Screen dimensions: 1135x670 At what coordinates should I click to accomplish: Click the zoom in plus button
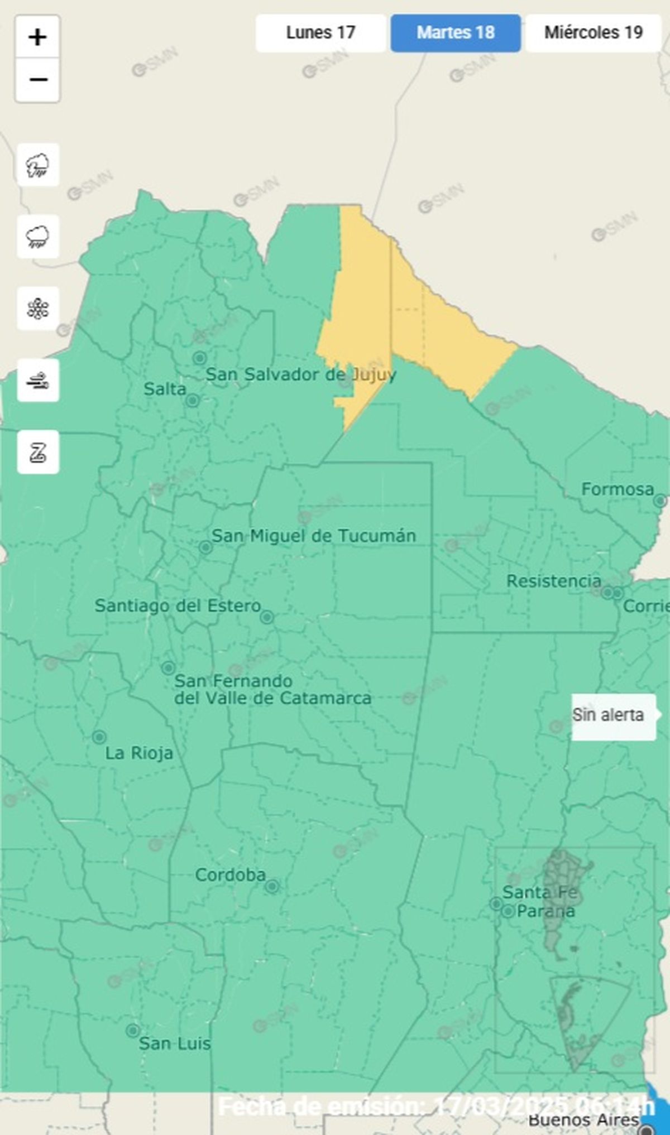point(37,37)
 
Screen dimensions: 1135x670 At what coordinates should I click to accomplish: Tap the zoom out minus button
point(37,80)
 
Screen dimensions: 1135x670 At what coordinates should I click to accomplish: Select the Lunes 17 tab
point(320,33)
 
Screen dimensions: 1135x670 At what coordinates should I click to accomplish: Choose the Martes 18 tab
point(456,33)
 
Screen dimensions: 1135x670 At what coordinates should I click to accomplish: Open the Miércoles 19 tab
point(593,33)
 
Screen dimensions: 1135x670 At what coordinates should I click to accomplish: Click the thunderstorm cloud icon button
point(38,165)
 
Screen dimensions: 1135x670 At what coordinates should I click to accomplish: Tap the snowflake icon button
point(38,309)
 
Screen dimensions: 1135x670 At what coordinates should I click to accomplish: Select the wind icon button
point(38,381)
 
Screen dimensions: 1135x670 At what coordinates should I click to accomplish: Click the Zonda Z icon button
point(38,452)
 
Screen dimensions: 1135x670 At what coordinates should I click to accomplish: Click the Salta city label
point(165,389)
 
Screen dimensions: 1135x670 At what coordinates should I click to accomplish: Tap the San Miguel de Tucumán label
point(313,536)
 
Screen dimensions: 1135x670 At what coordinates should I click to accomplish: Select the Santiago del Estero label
point(178,605)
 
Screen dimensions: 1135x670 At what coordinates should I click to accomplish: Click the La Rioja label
point(139,753)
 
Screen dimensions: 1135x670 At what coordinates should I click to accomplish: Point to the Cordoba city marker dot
point(272,886)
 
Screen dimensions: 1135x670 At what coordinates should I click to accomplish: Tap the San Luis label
point(174,1043)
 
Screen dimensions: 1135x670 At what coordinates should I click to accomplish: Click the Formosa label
point(617,489)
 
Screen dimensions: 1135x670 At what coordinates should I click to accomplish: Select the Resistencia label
point(553,581)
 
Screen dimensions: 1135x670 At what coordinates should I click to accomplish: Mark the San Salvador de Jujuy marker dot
point(199,358)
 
